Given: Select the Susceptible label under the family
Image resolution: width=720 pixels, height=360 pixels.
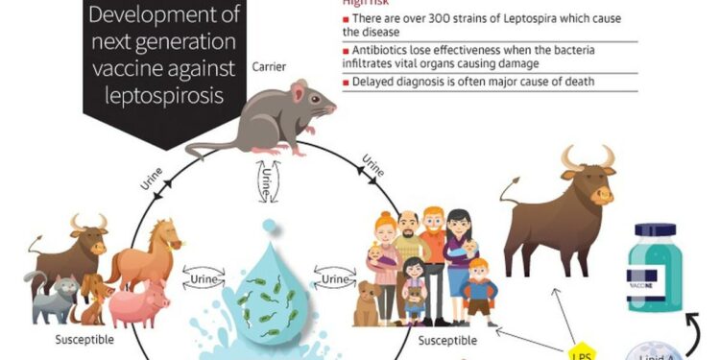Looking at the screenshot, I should (448, 339).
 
